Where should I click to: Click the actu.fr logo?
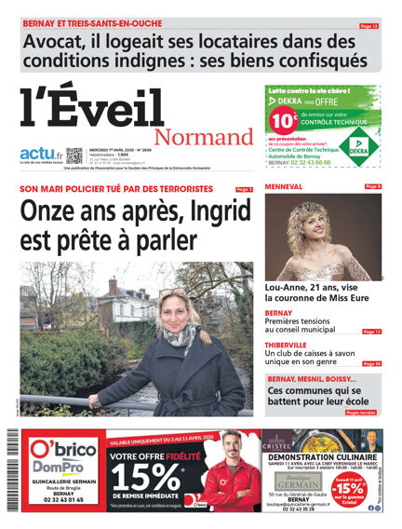tap(41, 153)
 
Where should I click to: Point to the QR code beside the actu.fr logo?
tap(74, 156)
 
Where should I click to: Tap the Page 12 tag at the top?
tap(368, 26)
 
